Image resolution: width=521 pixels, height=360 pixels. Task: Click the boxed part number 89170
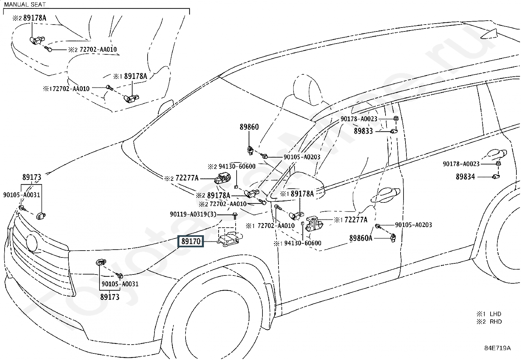coord(190,241)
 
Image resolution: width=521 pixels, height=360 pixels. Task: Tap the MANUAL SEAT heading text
coord(25,4)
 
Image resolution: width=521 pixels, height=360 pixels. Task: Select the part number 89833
coord(363,131)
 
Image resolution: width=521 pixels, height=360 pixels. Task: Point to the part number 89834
coord(465,177)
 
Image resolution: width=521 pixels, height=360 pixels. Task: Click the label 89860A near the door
coord(361,238)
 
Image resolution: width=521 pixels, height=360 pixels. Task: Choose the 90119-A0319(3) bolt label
coord(193,214)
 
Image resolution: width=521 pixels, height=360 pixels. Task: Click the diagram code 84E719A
coord(497,348)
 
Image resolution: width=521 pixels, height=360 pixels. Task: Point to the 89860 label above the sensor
coord(249,127)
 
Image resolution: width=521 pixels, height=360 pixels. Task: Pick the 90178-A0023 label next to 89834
coord(461,164)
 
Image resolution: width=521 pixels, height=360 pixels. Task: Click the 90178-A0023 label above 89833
coord(359,119)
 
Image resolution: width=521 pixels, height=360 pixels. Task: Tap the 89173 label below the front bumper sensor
coord(110,297)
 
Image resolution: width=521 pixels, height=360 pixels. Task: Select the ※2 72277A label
coord(181,178)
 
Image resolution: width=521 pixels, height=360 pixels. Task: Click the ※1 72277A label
coord(351,219)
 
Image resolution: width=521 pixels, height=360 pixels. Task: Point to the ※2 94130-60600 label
coord(231,166)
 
